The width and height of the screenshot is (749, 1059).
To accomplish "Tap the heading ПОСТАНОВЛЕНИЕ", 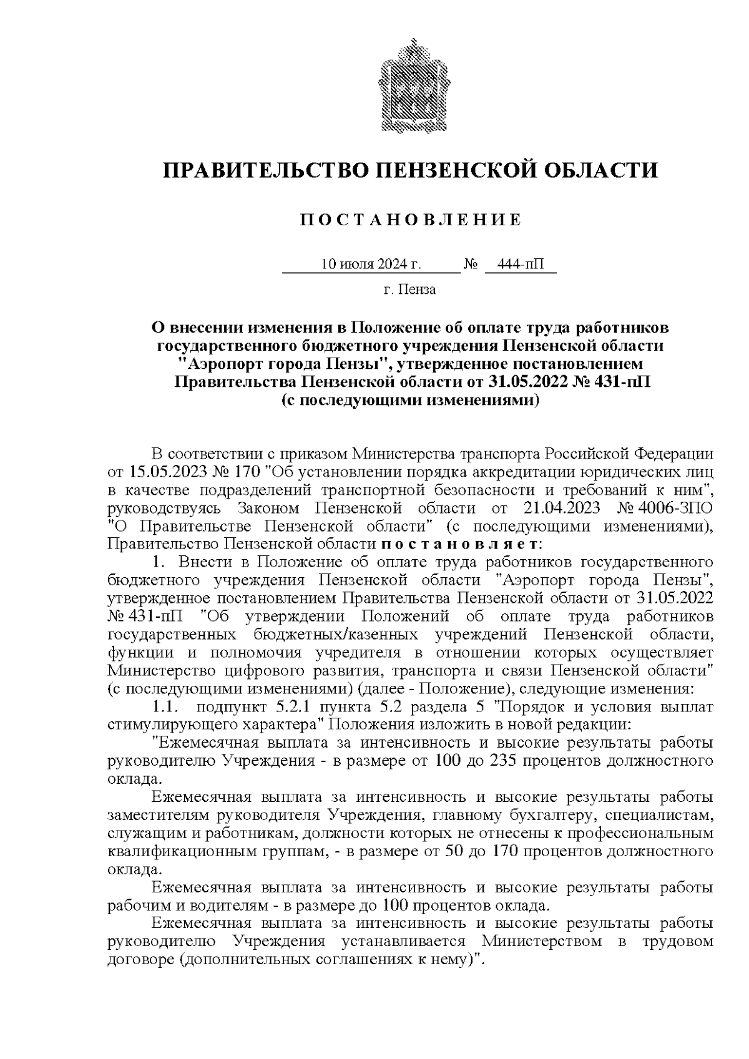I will tap(410, 220).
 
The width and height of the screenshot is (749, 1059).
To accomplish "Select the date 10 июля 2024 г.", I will tap(371, 265).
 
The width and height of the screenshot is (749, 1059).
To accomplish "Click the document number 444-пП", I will tap(521, 265).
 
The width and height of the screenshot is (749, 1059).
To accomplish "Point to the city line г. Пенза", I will tap(410, 290).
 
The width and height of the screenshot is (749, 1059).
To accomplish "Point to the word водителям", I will tap(235, 905).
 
